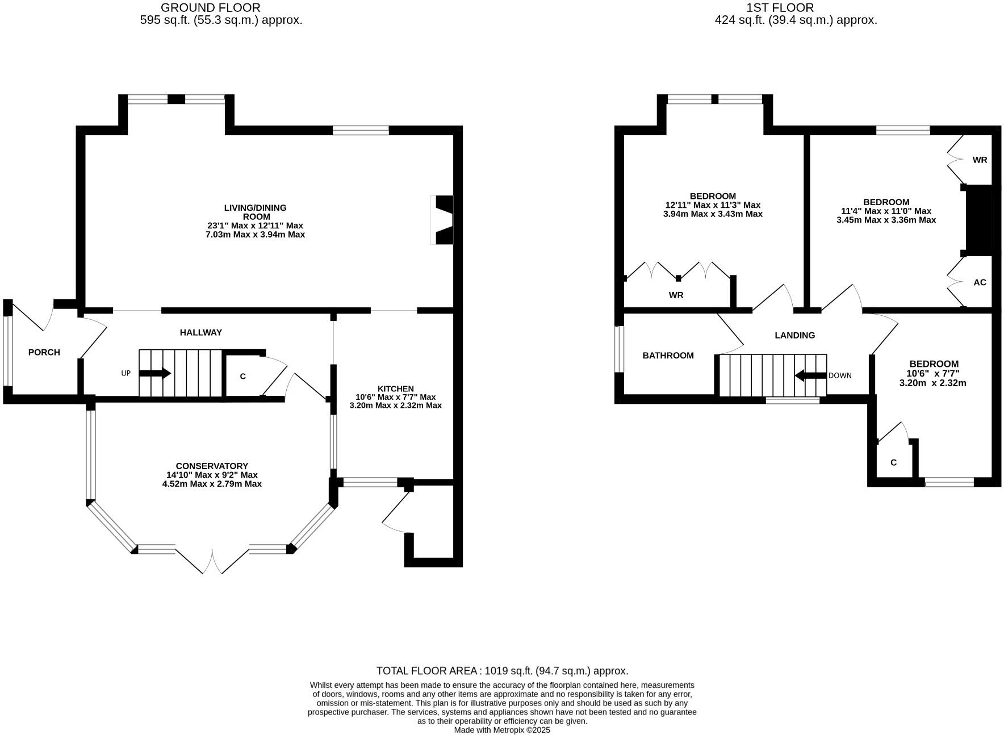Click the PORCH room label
click(44, 352)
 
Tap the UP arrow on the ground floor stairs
click(154, 373)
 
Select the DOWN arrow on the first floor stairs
click(810, 375)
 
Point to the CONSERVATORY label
click(211, 466)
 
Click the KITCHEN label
click(395, 389)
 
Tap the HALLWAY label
click(200, 332)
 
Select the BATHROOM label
click(668, 356)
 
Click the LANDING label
click(794, 335)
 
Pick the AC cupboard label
click(980, 282)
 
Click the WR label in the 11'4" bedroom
click(980, 160)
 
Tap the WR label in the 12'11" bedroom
click(676, 295)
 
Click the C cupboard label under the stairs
click(242, 377)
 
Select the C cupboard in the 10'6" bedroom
click(893, 463)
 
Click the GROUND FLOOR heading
click(210, 8)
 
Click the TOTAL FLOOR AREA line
click(502, 671)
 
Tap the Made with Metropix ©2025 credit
click(502, 730)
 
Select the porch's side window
click(7, 351)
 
